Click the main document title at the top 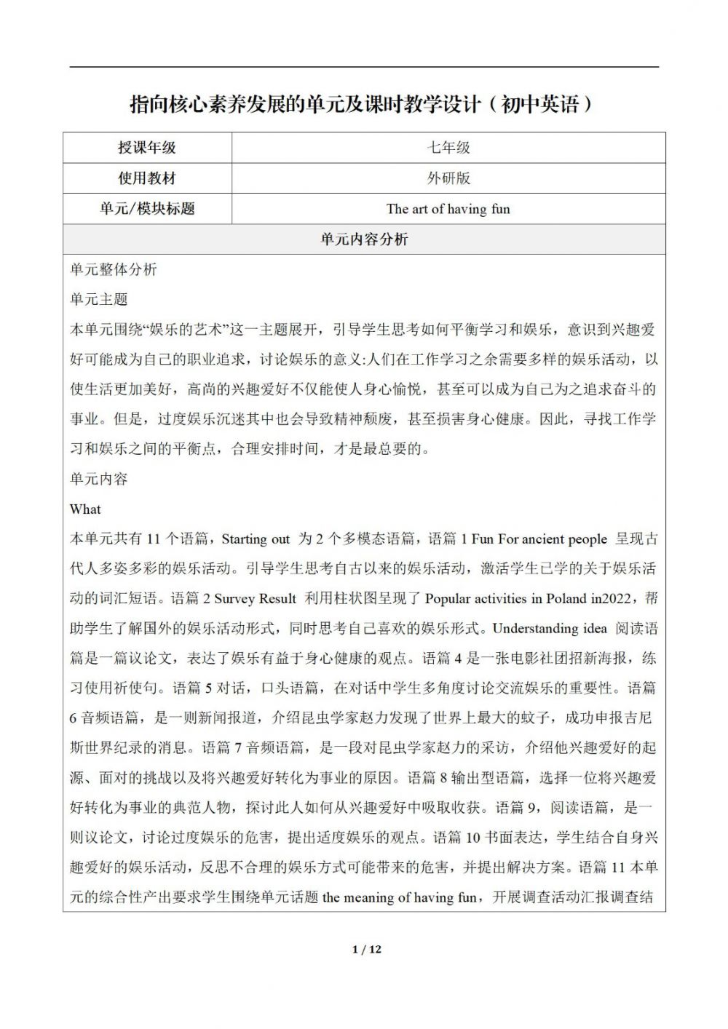[362, 104]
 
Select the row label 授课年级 [147, 148]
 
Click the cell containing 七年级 [448, 148]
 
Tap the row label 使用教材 [147, 178]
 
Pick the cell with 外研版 [448, 178]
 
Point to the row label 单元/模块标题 [147, 209]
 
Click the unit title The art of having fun [448, 209]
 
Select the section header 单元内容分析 [364, 239]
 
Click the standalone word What [85, 509]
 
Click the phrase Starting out [256, 539]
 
